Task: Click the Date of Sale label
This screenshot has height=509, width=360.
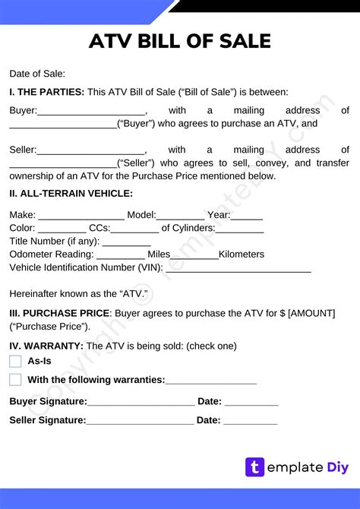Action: click(37, 74)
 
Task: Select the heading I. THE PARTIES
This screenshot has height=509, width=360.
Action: click(46, 92)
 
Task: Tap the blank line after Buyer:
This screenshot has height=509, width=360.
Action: click(91, 112)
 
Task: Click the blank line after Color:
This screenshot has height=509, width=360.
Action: click(62, 229)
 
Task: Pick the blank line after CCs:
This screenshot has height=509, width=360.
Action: click(134, 229)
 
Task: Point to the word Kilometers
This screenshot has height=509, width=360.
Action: click(242, 254)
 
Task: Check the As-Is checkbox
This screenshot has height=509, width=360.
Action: click(15, 361)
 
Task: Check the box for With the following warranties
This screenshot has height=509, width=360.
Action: click(15, 380)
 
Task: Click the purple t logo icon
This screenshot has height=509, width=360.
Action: click(254, 467)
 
